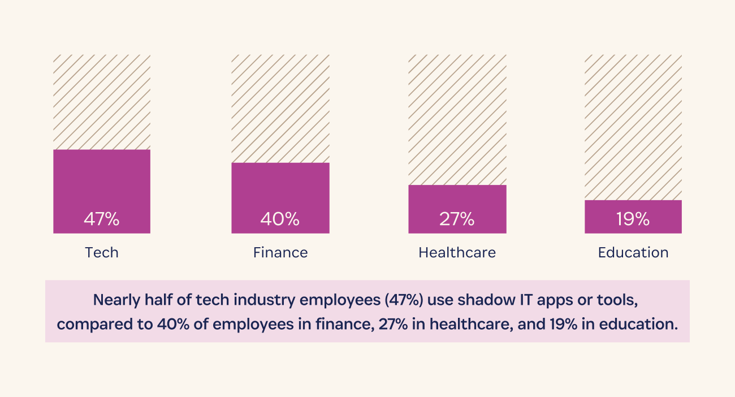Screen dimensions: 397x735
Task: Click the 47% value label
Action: (102, 219)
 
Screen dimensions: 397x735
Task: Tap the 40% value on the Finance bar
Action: (280, 219)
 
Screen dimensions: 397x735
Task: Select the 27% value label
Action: (457, 219)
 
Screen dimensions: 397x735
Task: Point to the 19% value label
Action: (633, 219)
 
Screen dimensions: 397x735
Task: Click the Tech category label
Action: (102, 252)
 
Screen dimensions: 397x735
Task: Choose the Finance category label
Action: (280, 252)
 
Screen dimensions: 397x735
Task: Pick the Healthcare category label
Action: (457, 252)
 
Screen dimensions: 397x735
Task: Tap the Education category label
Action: (633, 252)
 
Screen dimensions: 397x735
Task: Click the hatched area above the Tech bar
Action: (102, 102)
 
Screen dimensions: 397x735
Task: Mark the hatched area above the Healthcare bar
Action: (457, 119)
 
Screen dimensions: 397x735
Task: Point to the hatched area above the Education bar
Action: (633, 127)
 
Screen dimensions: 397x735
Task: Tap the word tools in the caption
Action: (622, 300)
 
